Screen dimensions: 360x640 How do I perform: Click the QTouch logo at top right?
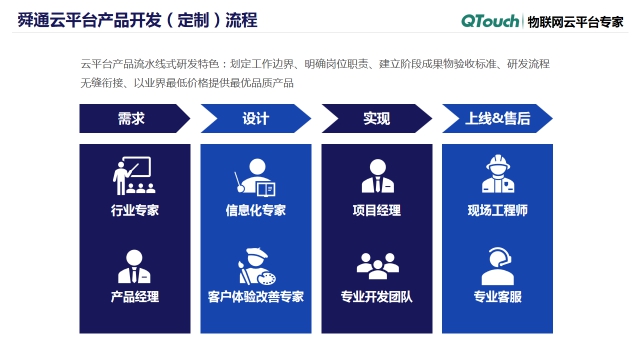coord(490,20)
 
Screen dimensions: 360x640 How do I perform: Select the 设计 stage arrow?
coord(256,119)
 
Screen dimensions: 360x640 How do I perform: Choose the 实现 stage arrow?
coord(376,119)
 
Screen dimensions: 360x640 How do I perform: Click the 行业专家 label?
coord(135,211)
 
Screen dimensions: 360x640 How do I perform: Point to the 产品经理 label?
coord(135,297)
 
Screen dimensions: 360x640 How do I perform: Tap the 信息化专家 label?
coord(256,211)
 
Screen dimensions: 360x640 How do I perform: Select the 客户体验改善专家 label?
coord(256,297)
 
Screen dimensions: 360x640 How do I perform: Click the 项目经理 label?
coord(377,211)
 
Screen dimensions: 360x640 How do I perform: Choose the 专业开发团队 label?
coord(377,297)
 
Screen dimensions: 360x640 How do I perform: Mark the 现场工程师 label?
coord(497,211)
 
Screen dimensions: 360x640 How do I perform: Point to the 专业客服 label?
coord(497,297)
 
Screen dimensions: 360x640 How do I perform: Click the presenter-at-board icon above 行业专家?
coord(132,176)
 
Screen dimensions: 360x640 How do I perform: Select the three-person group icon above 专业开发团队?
coord(377,265)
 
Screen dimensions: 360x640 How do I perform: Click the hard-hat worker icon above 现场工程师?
coord(497,174)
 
